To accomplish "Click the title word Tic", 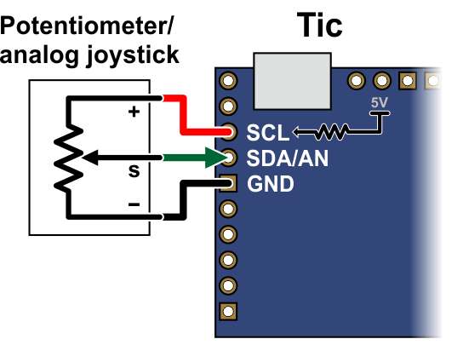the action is [x=319, y=25].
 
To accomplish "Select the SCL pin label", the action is [x=268, y=133].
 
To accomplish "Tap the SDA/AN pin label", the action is [x=288, y=158].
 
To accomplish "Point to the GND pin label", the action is [x=271, y=184].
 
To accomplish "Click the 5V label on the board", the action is [x=379, y=102].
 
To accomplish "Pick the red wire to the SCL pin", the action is [x=183, y=116].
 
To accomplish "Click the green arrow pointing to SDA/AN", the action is [x=196, y=158].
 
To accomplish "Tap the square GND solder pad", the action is [x=228, y=183].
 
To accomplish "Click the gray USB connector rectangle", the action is [x=292, y=81].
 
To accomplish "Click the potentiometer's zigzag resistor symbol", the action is [x=68, y=158].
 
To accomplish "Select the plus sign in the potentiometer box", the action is [x=134, y=112].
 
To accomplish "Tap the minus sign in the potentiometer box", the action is [x=134, y=204].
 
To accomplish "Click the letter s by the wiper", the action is [x=134, y=171].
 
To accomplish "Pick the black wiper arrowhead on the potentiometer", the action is [x=90, y=158].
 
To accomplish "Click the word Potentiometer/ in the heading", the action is [x=86, y=27].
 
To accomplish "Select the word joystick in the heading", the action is [x=133, y=55].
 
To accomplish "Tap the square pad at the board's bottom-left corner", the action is [x=228, y=312].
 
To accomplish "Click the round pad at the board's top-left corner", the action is [x=228, y=80].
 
